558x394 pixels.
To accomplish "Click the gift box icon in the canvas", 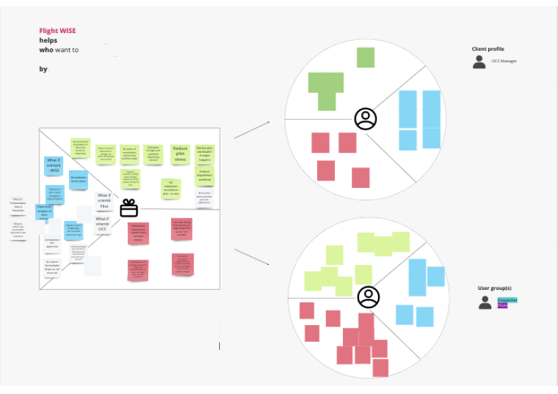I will point(129,208).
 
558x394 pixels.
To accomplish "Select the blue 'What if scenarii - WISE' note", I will point(54,166).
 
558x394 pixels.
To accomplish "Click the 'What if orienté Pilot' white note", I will point(103,200).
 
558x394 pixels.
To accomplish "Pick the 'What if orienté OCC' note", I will point(102,224).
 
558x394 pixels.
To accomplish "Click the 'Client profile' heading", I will point(488,49).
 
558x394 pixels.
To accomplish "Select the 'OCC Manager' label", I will point(504,61).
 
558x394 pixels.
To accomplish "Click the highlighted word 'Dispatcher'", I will point(507,299).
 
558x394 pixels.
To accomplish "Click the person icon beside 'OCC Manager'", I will point(479,62).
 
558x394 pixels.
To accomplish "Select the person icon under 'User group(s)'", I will point(485,303).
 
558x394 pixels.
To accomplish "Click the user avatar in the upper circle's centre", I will point(365,119).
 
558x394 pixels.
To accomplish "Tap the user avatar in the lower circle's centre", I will point(369,297).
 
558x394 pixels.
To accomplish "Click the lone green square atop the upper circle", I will point(365,57).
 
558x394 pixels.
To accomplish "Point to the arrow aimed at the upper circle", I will point(252,130).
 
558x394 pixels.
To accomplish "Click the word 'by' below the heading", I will point(43,69).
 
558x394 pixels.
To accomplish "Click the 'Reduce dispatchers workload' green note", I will point(204,176).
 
